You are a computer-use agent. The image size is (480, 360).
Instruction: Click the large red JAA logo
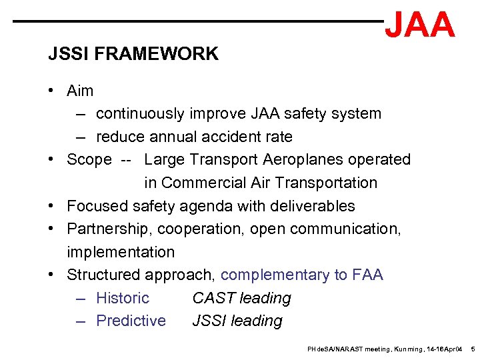pyautogui.click(x=420, y=25)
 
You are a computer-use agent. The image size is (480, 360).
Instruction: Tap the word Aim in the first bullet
pyautogui.click(x=80, y=91)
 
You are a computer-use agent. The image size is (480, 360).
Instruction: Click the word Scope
pyautogui.click(x=89, y=160)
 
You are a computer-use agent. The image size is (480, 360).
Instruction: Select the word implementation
pyautogui.click(x=121, y=252)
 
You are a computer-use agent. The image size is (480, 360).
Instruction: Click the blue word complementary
pyautogui.click(x=275, y=275)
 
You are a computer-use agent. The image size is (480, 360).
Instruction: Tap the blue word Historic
pyautogui.click(x=123, y=298)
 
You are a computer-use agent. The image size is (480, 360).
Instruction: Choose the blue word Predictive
pyautogui.click(x=131, y=321)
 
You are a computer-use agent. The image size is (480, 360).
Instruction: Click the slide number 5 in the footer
pyautogui.click(x=473, y=349)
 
